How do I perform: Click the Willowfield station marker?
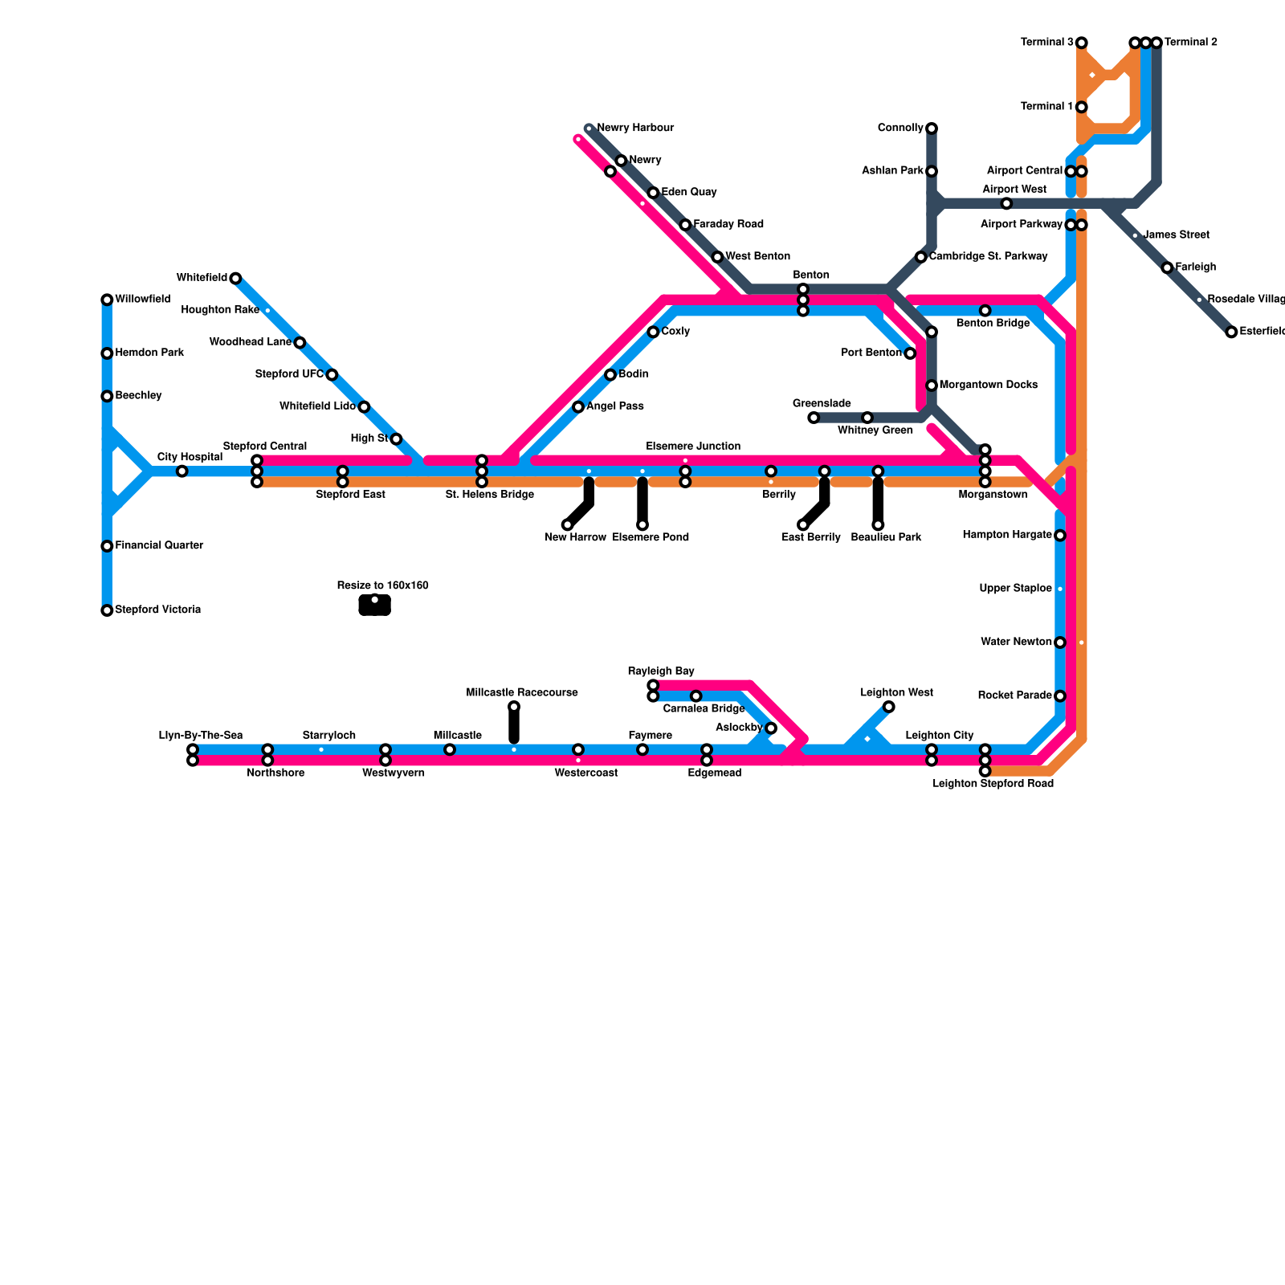pyautogui.click(x=107, y=300)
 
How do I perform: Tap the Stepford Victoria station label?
pyautogui.click(x=157, y=610)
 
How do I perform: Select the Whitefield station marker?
pyautogui.click(x=235, y=279)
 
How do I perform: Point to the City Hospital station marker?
pyautogui.click(x=182, y=471)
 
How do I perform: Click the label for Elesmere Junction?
pyautogui.click(x=693, y=447)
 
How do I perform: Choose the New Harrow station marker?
pyautogui.click(x=568, y=525)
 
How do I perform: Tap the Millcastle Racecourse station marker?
pyautogui.click(x=514, y=707)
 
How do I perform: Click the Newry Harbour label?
pyautogui.click(x=635, y=128)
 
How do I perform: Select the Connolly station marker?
pyautogui.click(x=932, y=128)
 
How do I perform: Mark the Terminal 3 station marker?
pyautogui.click(x=1082, y=43)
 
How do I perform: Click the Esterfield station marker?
pyautogui.click(x=1231, y=332)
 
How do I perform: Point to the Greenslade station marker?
pyautogui.click(x=814, y=418)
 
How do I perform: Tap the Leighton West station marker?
pyautogui.click(x=888, y=707)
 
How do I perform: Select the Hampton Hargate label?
pyautogui.click(x=1007, y=535)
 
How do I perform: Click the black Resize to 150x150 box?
pyautogui.click(x=374, y=606)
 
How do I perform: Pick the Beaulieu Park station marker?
pyautogui.click(x=878, y=525)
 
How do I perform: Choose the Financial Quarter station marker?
pyautogui.click(x=107, y=546)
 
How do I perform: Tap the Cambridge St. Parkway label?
pyautogui.click(x=988, y=256)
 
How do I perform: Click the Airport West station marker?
pyautogui.click(x=1006, y=204)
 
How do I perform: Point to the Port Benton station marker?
pyautogui.click(x=910, y=353)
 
